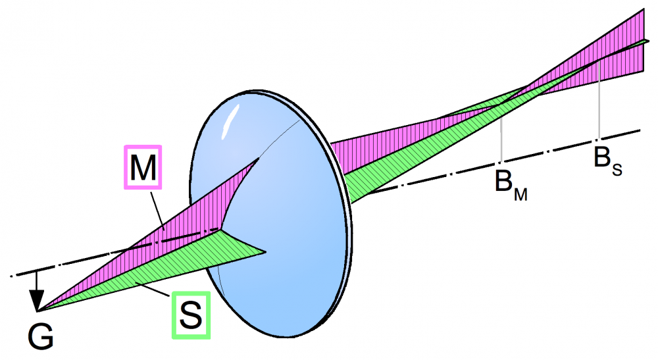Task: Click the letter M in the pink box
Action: point(143,167)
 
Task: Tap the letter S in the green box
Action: point(191,315)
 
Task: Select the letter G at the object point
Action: point(41,336)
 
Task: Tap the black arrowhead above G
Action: point(37,300)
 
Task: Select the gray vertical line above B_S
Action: point(599,100)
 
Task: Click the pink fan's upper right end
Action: point(644,10)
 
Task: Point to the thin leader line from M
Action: point(157,209)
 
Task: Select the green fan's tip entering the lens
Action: point(265,252)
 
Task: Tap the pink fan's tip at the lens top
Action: point(259,158)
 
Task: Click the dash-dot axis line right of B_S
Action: point(620,135)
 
